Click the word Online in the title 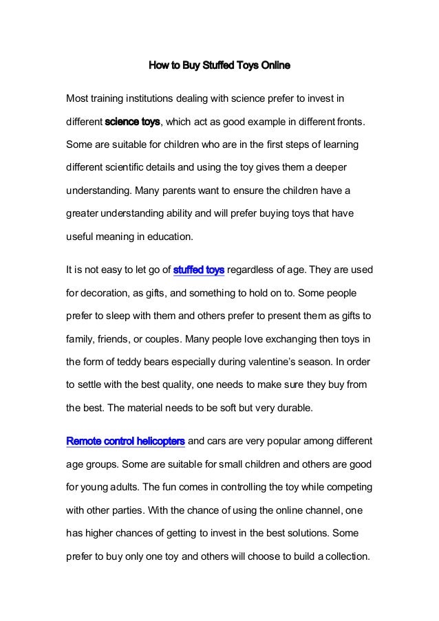[x=273, y=67]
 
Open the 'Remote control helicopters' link [x=125, y=440]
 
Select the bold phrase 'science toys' [x=132, y=122]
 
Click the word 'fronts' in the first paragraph [x=352, y=122]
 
